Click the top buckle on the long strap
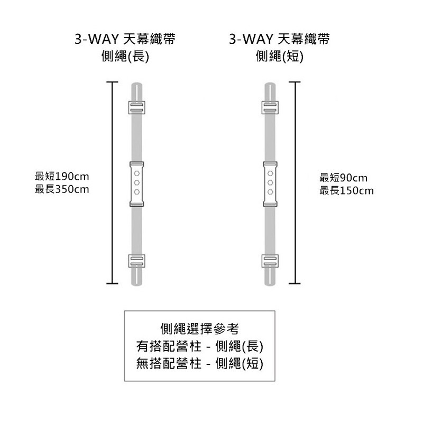click(x=137, y=107)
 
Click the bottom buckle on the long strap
click(x=137, y=261)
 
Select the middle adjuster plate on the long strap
click(x=137, y=183)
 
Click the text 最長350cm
click(x=62, y=189)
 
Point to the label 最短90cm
click(x=343, y=178)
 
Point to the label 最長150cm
click(x=346, y=190)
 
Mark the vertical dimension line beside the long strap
click(x=112, y=183)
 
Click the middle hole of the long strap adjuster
click(x=137, y=183)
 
